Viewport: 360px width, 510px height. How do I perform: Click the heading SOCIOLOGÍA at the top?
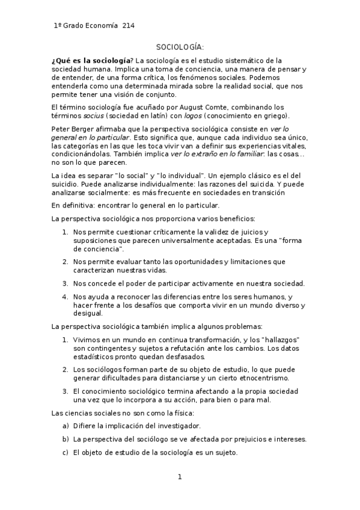coord(180,46)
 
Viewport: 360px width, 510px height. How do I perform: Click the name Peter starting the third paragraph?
coord(61,129)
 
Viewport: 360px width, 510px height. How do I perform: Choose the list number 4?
coord(65,296)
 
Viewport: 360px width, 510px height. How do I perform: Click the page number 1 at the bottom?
coord(179,478)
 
